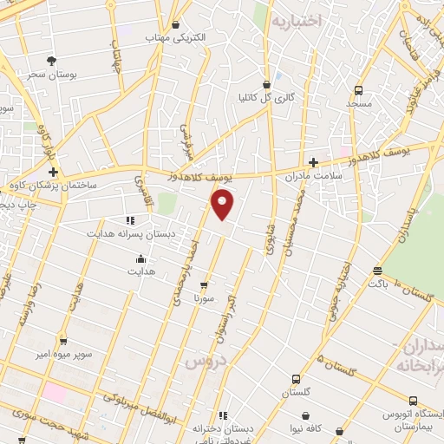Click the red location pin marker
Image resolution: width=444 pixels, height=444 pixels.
[223, 205]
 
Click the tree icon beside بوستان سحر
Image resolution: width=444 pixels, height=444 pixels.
[51, 61]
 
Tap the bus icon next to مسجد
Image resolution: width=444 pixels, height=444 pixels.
[358, 89]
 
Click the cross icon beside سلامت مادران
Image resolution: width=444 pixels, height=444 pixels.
[313, 161]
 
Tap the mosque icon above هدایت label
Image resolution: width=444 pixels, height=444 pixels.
[140, 258]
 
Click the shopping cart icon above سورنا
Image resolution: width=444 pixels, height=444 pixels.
[204, 284]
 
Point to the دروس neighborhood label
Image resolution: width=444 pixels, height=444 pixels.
[205, 360]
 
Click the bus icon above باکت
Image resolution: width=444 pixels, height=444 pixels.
[376, 270]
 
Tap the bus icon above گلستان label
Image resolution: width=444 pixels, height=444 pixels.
[296, 379]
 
